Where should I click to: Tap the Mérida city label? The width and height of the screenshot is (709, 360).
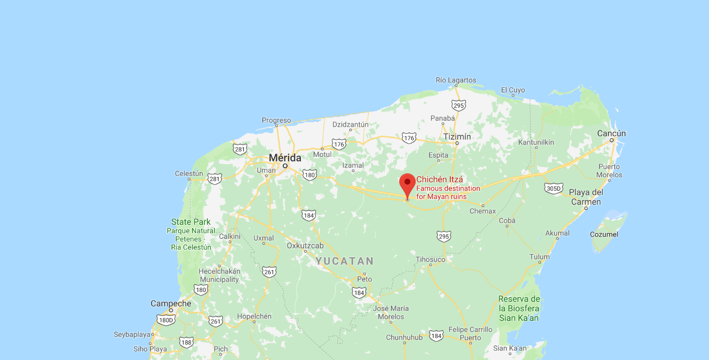tap(285, 158)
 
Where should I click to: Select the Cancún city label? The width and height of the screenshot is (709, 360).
tap(612, 133)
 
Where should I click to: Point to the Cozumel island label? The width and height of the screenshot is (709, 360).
tap(604, 235)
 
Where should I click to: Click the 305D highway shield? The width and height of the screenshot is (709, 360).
tap(553, 188)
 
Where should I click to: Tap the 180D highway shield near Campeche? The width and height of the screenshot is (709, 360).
tap(166, 320)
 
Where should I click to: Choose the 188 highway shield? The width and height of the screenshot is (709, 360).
tap(186, 342)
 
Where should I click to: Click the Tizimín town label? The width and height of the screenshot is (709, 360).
tap(457, 137)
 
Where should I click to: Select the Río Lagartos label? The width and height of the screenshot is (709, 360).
tap(456, 80)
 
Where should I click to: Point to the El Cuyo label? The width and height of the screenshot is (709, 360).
tap(513, 90)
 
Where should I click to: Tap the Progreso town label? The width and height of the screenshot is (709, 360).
tap(277, 120)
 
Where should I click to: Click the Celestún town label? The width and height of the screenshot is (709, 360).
tap(189, 174)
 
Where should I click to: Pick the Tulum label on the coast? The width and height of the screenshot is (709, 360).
tap(539, 257)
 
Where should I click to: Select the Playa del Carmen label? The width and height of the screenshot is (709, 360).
tap(586, 197)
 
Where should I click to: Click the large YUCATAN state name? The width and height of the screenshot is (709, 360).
tap(345, 261)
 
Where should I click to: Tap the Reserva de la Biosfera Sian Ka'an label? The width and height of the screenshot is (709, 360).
tap(519, 309)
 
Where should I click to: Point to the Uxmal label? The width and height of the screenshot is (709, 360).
tap(264, 238)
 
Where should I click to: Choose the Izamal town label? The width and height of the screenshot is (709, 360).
tap(353, 165)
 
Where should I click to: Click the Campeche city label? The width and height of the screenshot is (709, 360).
tap(171, 304)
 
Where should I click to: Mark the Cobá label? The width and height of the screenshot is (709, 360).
tap(507, 221)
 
